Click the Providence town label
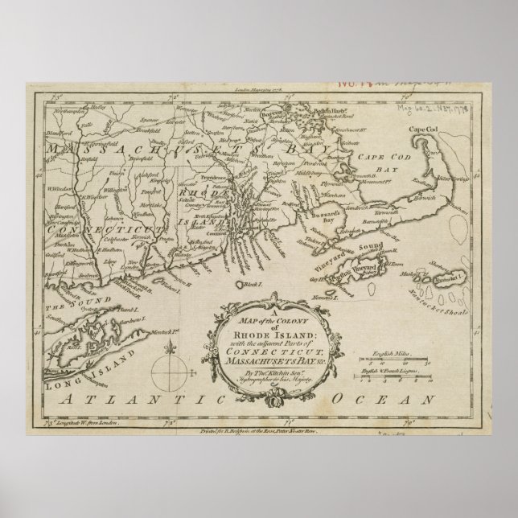tap(217, 175)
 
